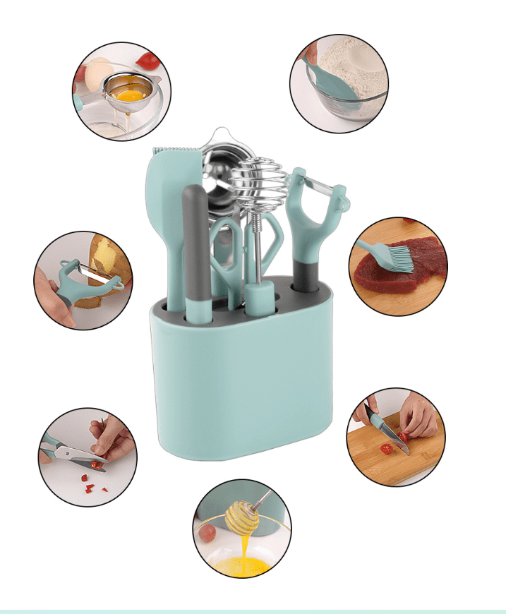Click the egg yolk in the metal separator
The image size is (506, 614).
coord(131,92)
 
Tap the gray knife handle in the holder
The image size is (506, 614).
coord(196,240)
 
